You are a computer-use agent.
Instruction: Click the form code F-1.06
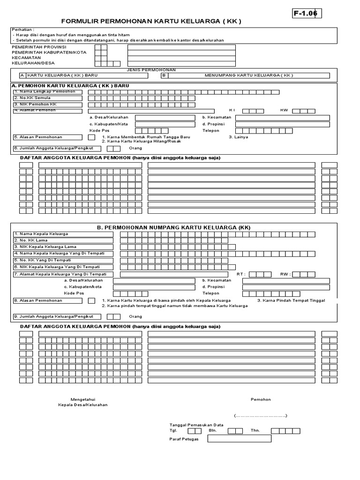click(306, 14)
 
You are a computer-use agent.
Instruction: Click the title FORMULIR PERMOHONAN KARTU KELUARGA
click(151, 22)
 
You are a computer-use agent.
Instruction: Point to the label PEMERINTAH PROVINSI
click(39, 47)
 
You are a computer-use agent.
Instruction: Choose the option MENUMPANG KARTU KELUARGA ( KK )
click(248, 75)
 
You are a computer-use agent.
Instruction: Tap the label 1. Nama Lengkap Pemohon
click(45, 92)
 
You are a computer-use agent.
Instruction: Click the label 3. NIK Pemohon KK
click(42, 104)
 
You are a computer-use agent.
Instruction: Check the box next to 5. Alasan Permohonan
click(91, 137)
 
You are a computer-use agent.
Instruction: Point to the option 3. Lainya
click(238, 137)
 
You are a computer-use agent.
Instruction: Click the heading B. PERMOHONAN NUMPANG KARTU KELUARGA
click(174, 227)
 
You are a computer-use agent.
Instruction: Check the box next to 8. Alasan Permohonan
click(91, 300)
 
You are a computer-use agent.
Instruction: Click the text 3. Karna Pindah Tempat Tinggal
click(291, 300)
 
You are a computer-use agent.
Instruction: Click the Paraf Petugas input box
click(239, 439)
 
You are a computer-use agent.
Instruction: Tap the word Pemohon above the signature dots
click(261, 399)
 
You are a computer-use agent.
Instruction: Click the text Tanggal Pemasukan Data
click(196, 425)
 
